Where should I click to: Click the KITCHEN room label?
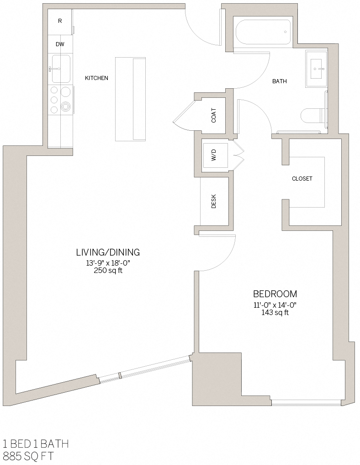[96, 78]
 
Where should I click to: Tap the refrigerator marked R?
[60, 21]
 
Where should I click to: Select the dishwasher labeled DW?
[60, 45]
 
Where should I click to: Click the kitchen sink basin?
[61, 69]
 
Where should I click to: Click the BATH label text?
[280, 81]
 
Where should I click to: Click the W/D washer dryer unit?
[214, 155]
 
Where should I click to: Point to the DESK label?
[214, 201]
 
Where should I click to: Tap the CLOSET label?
[302, 179]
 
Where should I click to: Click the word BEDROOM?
[275, 294]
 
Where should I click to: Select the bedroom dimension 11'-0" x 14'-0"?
[275, 305]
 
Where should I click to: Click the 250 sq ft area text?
[108, 271]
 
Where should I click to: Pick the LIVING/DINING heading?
[108, 252]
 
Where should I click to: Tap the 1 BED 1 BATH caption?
[36, 444]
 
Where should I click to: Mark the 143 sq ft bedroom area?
[275, 313]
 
